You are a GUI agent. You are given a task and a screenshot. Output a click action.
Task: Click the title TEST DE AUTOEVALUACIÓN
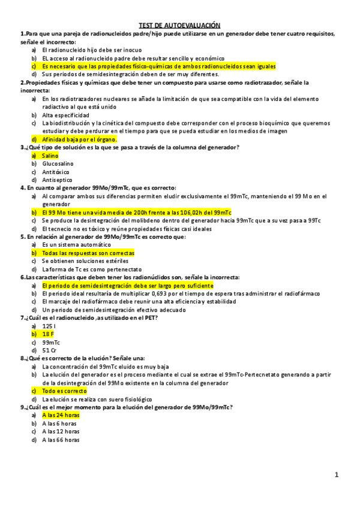point(179,25)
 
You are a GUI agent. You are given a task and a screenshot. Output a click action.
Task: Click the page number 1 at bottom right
point(337,475)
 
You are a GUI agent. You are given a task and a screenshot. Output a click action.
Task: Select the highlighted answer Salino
point(50,155)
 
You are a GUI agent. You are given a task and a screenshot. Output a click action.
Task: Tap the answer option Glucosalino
point(58,163)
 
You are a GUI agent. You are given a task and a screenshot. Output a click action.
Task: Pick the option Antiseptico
point(57,179)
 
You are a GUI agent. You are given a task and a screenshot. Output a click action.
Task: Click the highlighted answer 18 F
point(49,334)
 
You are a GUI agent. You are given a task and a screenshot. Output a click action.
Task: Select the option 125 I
point(49,325)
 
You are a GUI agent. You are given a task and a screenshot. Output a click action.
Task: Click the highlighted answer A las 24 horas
point(61,415)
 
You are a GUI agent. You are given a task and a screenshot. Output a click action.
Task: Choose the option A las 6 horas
point(59,423)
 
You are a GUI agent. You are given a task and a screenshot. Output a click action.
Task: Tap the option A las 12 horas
point(61,431)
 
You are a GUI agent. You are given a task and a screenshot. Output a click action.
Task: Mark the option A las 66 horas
point(61,439)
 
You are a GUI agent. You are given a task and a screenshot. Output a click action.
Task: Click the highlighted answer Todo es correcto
point(64,391)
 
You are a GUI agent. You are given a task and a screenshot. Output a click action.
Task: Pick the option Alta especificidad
point(65,115)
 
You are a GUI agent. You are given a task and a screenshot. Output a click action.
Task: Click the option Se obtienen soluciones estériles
point(85,261)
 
